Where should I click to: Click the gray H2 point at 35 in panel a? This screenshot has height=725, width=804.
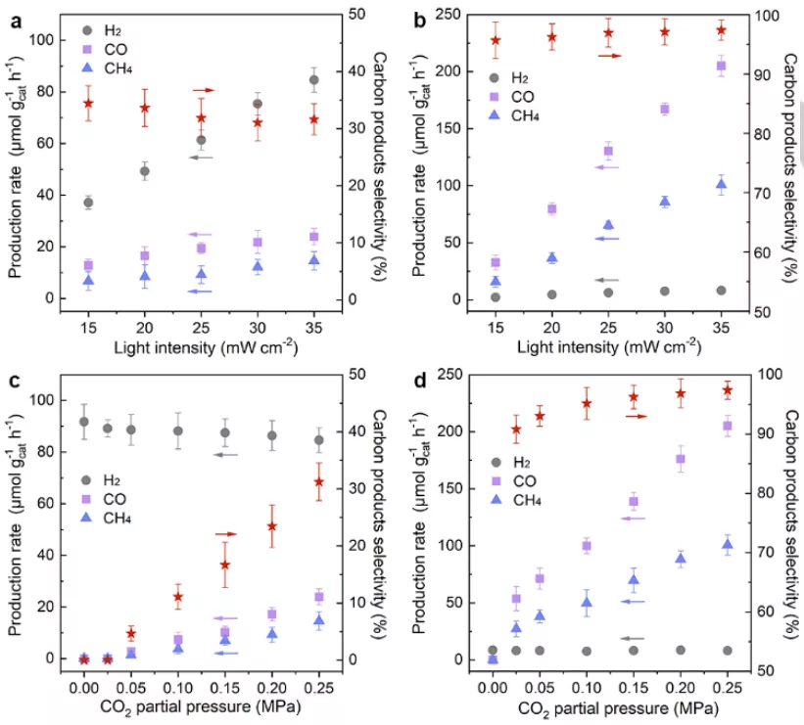(x=313, y=79)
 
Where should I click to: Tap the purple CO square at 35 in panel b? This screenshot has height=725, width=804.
(x=721, y=66)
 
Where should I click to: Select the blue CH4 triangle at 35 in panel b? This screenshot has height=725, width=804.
(x=721, y=184)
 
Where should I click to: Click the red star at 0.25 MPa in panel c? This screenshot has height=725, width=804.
(x=317, y=482)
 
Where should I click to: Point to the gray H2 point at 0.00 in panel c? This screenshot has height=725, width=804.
(x=84, y=422)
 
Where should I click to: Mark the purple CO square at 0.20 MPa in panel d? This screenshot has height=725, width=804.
(x=681, y=459)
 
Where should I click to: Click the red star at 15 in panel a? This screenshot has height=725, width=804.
(x=88, y=103)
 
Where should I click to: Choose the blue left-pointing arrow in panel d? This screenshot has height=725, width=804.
(x=633, y=601)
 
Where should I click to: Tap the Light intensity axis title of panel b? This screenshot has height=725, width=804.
(x=608, y=345)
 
